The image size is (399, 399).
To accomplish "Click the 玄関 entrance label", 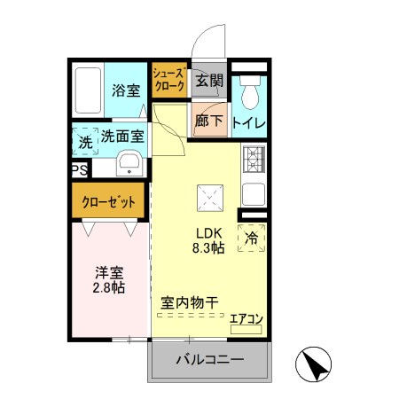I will click(x=208, y=81).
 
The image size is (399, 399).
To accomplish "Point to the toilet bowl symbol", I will click(x=249, y=90).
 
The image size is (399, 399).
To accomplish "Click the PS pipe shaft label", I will click(x=79, y=169).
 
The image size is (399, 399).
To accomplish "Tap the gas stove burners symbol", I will click(x=254, y=159).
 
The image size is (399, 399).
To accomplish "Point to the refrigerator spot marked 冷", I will click(x=252, y=238).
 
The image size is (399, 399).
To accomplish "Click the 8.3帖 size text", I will click(x=210, y=248).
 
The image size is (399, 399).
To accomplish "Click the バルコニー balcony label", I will click(x=208, y=359).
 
